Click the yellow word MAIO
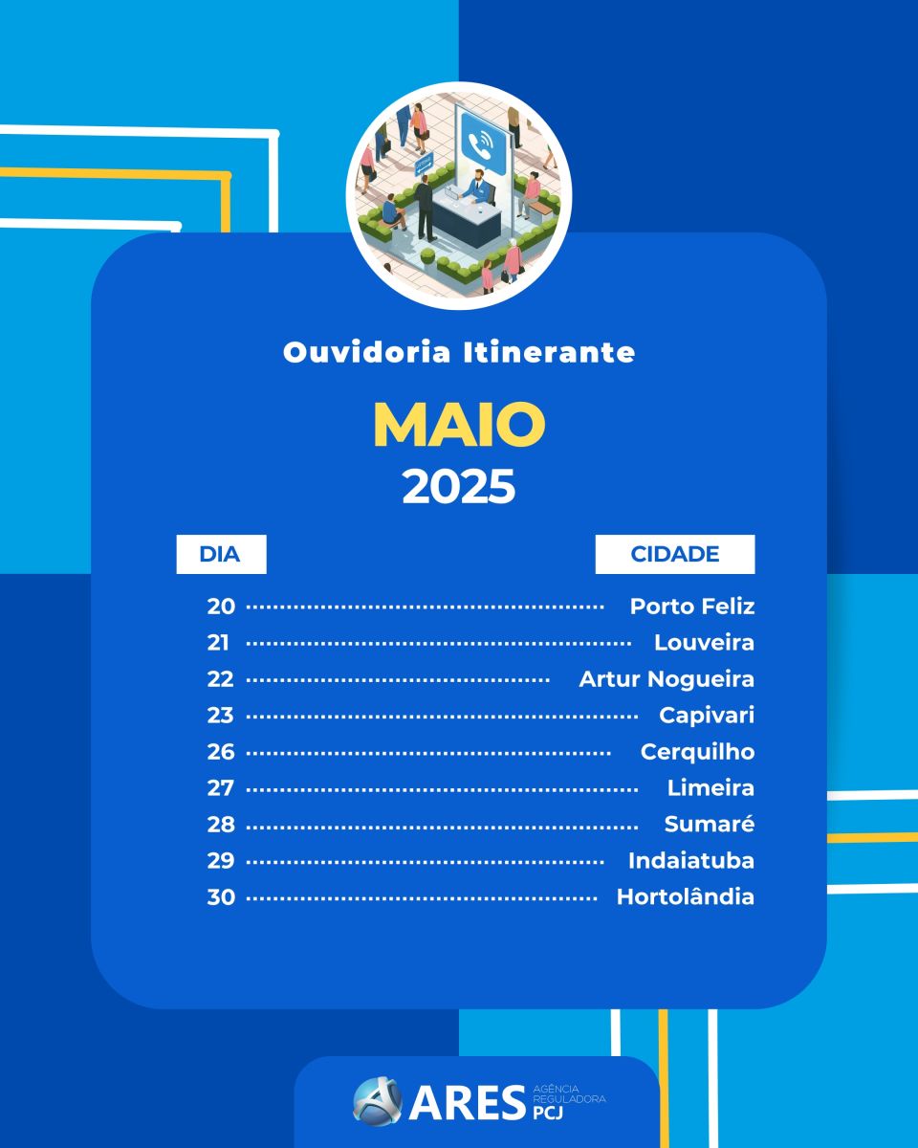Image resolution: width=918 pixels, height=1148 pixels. pyautogui.click(x=459, y=424)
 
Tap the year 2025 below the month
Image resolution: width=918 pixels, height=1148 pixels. pyautogui.click(x=459, y=487)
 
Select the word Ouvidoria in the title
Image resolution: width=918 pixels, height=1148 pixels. pyautogui.click(x=367, y=352)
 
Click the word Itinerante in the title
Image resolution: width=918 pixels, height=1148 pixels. pyautogui.click(x=549, y=352)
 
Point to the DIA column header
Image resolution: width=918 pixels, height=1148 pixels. pyautogui.click(x=221, y=554)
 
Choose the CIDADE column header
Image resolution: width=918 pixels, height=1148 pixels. pyautogui.click(x=675, y=554)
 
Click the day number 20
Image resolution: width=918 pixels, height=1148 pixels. pyautogui.click(x=221, y=607)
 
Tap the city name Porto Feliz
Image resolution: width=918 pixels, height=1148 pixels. pyautogui.click(x=692, y=607)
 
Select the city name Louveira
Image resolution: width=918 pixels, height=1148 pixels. pyautogui.click(x=704, y=643)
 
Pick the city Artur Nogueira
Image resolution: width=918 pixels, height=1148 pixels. pyautogui.click(x=667, y=679)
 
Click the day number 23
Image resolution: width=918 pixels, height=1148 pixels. pyautogui.click(x=220, y=716)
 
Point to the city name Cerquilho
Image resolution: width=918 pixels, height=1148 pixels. pyautogui.click(x=698, y=752)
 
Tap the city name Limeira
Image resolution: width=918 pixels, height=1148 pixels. pyautogui.click(x=711, y=788)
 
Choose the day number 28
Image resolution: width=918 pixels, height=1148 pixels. pyautogui.click(x=221, y=825)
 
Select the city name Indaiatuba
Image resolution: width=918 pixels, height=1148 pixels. pyautogui.click(x=691, y=860)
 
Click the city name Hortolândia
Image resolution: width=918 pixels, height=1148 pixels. pyautogui.click(x=686, y=896)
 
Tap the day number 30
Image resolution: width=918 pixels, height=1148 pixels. pyautogui.click(x=221, y=897)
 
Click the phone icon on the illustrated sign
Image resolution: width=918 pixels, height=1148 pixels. pyautogui.click(x=483, y=143)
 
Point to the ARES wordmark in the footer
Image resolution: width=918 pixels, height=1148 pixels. pyautogui.click(x=468, y=1104)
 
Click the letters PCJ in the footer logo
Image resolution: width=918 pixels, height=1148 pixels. pyautogui.click(x=548, y=1113)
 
